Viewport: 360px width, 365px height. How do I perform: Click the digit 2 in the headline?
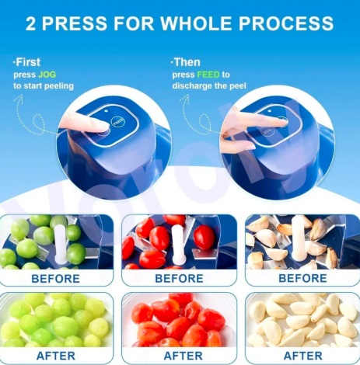tap(30, 23)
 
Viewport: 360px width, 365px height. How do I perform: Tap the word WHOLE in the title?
tap(196, 23)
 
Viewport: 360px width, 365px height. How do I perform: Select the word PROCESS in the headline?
tap(286, 23)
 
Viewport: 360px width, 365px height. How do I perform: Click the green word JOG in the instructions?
tap(47, 75)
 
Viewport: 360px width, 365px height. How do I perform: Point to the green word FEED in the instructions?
tap(208, 75)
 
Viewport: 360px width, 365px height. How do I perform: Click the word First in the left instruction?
tap(28, 62)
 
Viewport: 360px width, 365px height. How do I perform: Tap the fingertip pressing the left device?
tap(103, 126)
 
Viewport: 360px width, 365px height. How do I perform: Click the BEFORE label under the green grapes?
tap(55, 279)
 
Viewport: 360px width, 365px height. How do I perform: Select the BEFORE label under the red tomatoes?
tap(179, 279)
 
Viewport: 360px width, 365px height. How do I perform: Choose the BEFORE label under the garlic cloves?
tap(302, 278)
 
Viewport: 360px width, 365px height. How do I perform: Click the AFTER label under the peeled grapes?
tap(56, 356)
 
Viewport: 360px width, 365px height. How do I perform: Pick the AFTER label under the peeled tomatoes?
tap(183, 356)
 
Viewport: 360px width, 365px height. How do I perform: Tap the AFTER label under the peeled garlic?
tap(303, 356)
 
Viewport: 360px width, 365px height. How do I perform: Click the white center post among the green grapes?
tap(60, 243)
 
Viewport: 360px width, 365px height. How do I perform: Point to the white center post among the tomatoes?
tap(178, 243)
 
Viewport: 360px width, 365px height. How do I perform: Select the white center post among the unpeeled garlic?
tap(299, 238)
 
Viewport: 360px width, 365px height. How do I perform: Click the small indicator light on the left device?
tap(107, 111)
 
